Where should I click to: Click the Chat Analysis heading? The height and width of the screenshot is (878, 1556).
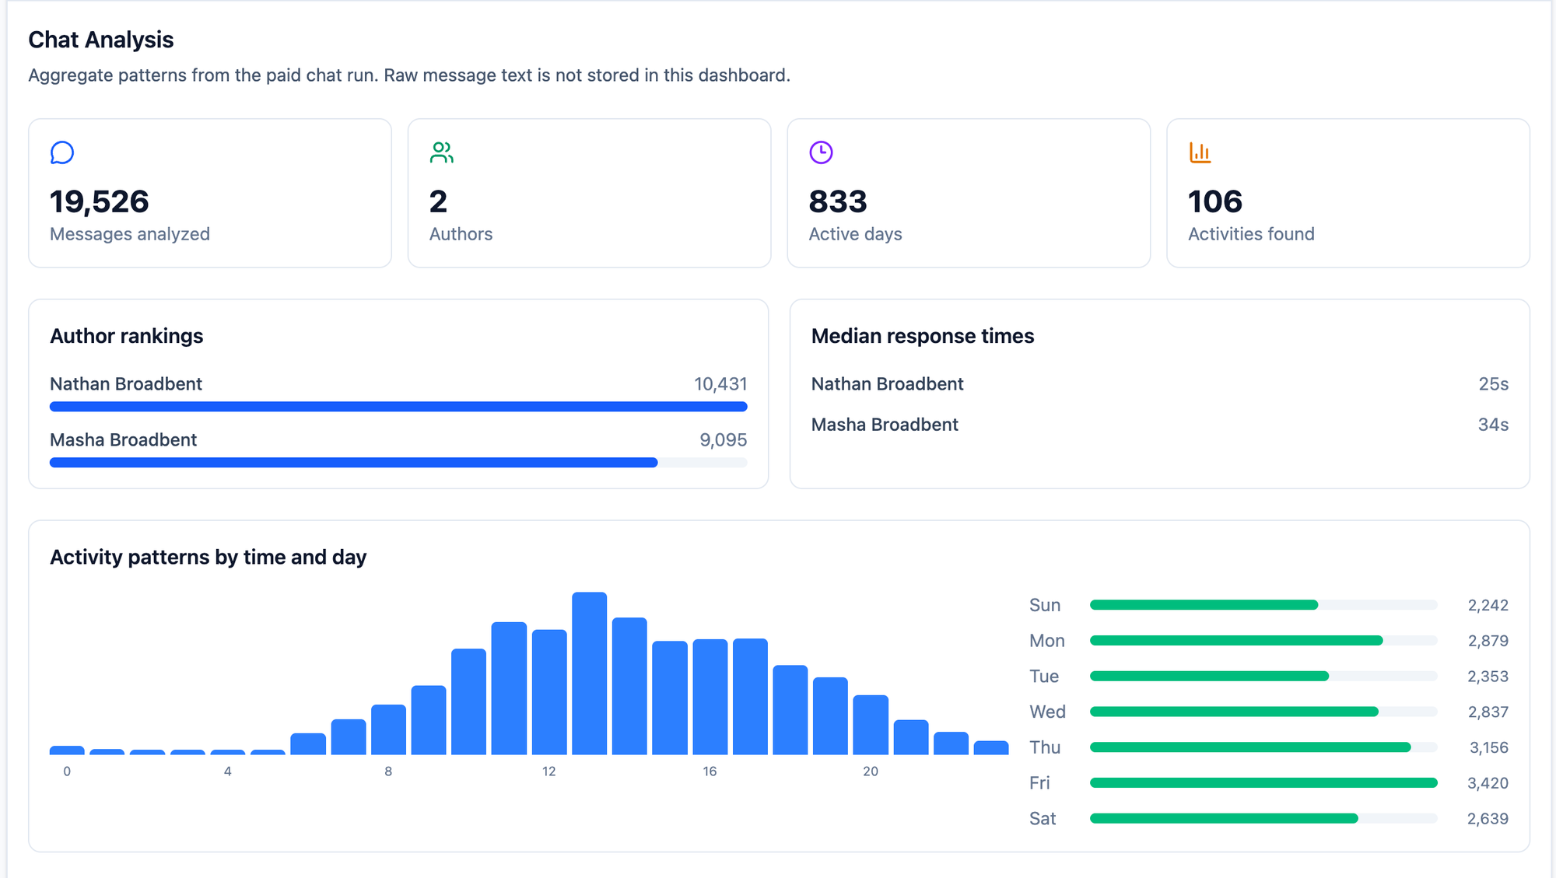pyautogui.click(x=101, y=40)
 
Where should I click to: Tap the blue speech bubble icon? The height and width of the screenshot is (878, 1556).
pyautogui.click(x=62, y=152)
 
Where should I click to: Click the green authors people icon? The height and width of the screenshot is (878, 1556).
pyautogui.click(x=442, y=152)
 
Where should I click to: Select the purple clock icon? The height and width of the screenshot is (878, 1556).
pyautogui.click(x=821, y=152)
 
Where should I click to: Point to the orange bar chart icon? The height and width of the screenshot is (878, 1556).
pyautogui.click(x=1200, y=152)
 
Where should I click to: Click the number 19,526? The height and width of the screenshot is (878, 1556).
pyautogui.click(x=100, y=201)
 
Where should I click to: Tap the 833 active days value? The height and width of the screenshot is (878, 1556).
pyautogui.click(x=838, y=201)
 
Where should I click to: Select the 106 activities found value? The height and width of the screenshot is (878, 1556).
pyautogui.click(x=1215, y=201)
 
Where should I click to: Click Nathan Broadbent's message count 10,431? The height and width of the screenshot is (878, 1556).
pyautogui.click(x=720, y=384)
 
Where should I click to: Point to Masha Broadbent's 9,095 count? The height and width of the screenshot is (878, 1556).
pyautogui.click(x=724, y=440)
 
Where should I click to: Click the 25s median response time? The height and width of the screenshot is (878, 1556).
pyautogui.click(x=1494, y=384)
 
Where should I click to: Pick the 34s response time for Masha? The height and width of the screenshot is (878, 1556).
pyautogui.click(x=1494, y=425)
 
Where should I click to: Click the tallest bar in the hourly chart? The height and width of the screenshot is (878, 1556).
pyautogui.click(x=590, y=673)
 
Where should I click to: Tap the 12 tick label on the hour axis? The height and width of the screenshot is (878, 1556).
pyautogui.click(x=549, y=771)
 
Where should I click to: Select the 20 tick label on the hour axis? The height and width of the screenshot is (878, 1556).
pyautogui.click(x=871, y=771)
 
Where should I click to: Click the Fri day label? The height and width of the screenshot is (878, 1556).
pyautogui.click(x=1039, y=783)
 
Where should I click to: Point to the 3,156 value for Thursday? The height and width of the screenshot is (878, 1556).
pyautogui.click(x=1489, y=747)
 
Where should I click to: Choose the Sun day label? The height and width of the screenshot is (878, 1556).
pyautogui.click(x=1045, y=605)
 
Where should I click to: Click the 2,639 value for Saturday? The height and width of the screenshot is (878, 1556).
pyautogui.click(x=1488, y=819)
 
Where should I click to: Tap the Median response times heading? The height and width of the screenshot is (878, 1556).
pyautogui.click(x=923, y=336)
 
